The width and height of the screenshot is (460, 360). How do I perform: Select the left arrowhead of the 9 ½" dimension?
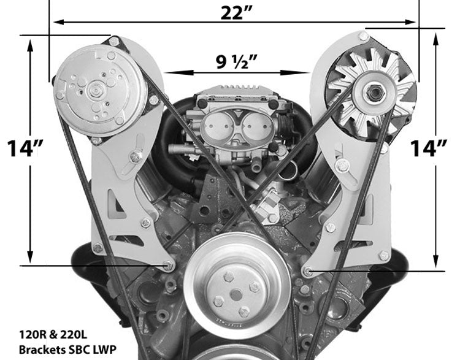pyautogui.click(x=168, y=72)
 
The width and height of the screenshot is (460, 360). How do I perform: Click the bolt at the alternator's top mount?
pyautogui.click(x=364, y=36)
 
